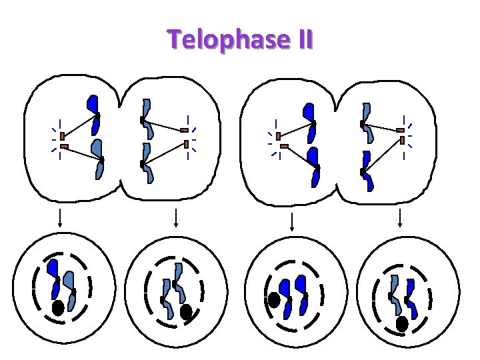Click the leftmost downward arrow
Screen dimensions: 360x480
61,219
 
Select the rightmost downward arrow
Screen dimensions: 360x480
400,219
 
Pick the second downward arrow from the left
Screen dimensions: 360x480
175,219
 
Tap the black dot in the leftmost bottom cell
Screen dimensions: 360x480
59,308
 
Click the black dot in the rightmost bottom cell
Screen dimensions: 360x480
402,323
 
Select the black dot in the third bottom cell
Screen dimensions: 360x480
274,301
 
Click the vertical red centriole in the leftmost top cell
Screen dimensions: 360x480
62,135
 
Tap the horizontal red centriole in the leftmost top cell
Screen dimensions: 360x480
64,147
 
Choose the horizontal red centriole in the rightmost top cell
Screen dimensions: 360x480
400,130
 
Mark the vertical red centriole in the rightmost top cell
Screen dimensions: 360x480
403,140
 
